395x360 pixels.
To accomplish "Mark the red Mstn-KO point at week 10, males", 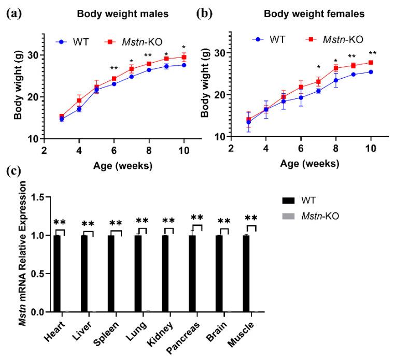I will [x=184, y=57].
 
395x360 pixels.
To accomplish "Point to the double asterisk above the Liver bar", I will [x=88, y=224].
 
